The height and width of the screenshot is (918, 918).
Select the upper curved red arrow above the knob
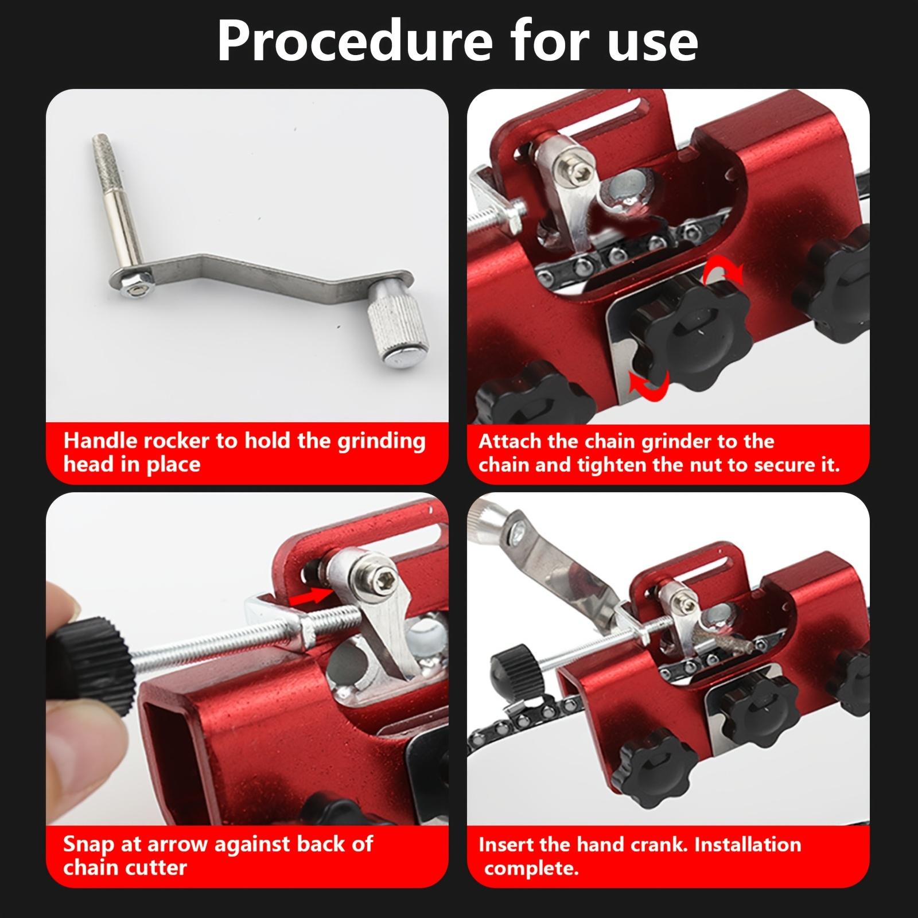[x=724, y=272]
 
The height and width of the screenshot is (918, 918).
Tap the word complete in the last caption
[x=531, y=868]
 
